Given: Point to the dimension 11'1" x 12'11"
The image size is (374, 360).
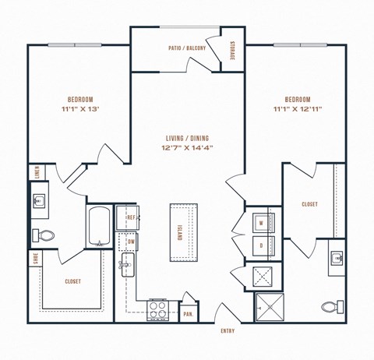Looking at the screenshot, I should pyautogui.click(x=298, y=111).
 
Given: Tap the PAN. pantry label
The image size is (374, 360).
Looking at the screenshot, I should pyautogui.click(x=189, y=313).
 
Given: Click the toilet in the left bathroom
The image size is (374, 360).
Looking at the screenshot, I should pyautogui.click(x=43, y=235).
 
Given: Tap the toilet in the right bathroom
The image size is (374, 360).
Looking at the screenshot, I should pyautogui.click(x=330, y=307).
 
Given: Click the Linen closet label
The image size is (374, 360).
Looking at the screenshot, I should pyautogui.click(x=36, y=172).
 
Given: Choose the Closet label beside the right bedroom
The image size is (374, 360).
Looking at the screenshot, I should pyautogui.click(x=309, y=204).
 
